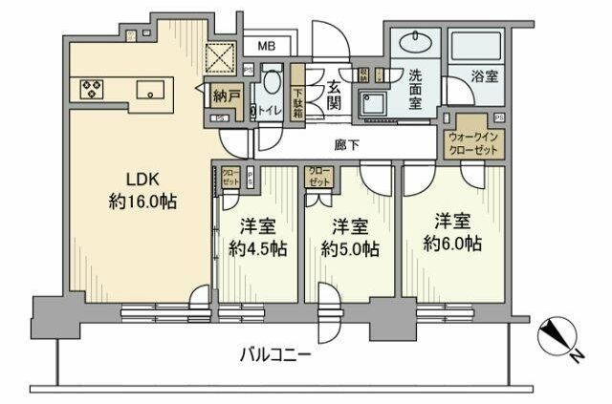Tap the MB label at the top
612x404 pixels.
pyautogui.click(x=265, y=45)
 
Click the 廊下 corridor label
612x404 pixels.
pyautogui.click(x=347, y=145)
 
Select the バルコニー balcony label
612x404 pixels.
pyautogui.click(x=274, y=354)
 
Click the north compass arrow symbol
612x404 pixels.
pyautogui.click(x=557, y=336)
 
